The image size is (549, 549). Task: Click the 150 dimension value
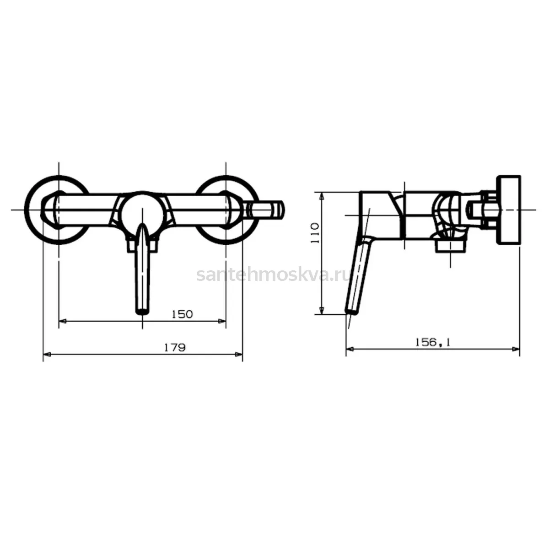[x=183, y=314]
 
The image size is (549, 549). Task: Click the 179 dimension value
[x=175, y=348]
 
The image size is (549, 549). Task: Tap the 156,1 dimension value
[x=432, y=342]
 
